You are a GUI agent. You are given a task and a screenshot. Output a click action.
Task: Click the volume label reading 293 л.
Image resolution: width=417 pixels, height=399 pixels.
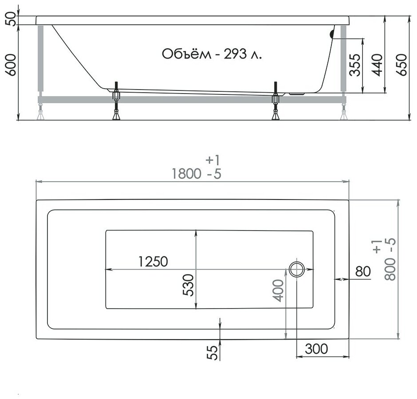(x=212, y=54)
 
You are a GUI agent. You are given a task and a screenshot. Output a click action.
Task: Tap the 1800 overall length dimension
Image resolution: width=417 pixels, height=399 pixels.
(x=186, y=174)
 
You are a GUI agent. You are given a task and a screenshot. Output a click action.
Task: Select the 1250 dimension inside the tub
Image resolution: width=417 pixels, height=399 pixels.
(x=153, y=262)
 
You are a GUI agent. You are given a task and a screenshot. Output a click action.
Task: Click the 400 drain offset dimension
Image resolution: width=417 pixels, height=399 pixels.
(x=278, y=290)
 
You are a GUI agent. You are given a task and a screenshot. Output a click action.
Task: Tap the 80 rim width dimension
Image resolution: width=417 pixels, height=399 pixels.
(x=362, y=271)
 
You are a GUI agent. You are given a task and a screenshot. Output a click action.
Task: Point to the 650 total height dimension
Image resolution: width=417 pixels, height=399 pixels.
(x=401, y=66)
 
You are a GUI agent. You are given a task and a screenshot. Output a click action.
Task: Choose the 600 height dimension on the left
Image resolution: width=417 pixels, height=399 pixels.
(x=12, y=66)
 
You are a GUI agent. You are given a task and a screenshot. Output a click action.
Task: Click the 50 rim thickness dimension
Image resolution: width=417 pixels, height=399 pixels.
(x=12, y=20)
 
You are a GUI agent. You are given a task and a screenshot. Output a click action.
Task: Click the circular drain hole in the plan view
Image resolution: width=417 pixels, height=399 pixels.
(x=297, y=269)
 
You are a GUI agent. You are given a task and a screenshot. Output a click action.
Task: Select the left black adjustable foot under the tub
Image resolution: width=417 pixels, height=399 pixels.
(x=116, y=102)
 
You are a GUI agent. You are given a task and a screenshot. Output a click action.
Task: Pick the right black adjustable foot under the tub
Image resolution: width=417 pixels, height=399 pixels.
(x=275, y=102)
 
